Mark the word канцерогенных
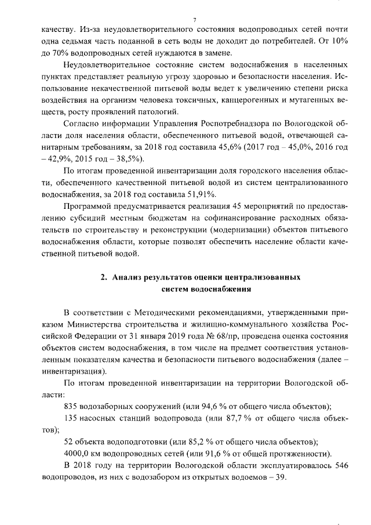(x=245, y=100)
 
